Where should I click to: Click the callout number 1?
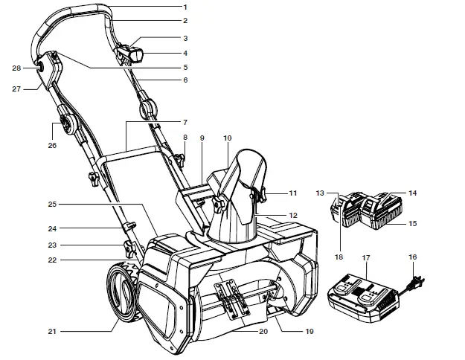click(x=185, y=7)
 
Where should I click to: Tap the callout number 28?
click(x=17, y=68)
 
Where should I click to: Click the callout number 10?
click(x=227, y=138)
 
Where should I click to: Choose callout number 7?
click(x=185, y=122)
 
